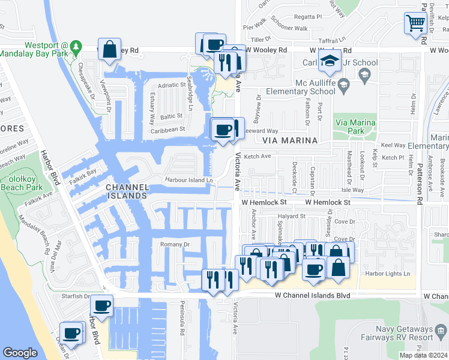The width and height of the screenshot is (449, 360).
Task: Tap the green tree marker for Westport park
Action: pos(76,46)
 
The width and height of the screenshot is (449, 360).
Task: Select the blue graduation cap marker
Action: pos(330,61)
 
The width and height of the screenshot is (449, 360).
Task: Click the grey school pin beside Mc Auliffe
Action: pos(363,74)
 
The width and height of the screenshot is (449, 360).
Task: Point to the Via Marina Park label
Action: pos(355,127)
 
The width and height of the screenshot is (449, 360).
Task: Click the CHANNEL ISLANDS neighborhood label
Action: pos(127,191)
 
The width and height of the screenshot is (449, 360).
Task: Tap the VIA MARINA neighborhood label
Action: pos(290,140)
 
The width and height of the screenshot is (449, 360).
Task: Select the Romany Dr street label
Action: pos(175,245)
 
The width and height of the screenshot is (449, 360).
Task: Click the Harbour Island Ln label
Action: pos(190,180)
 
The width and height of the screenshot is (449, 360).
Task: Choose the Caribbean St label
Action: pos(167,129)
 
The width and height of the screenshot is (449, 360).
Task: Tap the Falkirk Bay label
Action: pos(82,172)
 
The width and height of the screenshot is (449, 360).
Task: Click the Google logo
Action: pos(20,353)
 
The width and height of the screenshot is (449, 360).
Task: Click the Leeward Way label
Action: pos(264,131)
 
